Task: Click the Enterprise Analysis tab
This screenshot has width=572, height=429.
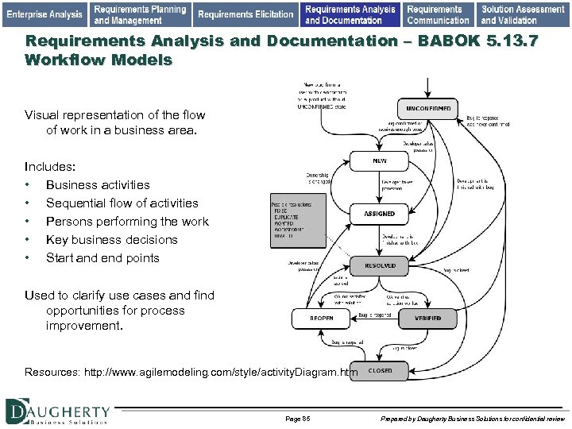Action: coord(44,14)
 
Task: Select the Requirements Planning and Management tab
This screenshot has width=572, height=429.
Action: coord(140,14)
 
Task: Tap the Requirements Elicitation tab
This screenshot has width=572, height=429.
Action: coord(245,14)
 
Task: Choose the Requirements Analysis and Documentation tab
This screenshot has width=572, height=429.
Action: coord(350,14)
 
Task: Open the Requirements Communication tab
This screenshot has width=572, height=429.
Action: coord(438,14)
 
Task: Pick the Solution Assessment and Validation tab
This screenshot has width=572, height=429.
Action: coord(523,14)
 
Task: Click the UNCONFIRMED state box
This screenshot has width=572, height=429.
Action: coord(428,108)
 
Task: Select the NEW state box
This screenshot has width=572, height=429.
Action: coord(380,161)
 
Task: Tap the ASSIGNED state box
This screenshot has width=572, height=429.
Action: coord(380,214)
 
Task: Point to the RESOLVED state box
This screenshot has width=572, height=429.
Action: coord(380,265)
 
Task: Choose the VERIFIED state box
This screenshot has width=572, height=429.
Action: coord(427,319)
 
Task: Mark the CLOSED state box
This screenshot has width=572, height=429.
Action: coord(380,371)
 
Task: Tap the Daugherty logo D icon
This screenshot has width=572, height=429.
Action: coord(17,410)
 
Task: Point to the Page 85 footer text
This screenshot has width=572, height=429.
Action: coord(297,418)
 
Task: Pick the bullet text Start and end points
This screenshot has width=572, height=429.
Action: coord(102,257)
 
